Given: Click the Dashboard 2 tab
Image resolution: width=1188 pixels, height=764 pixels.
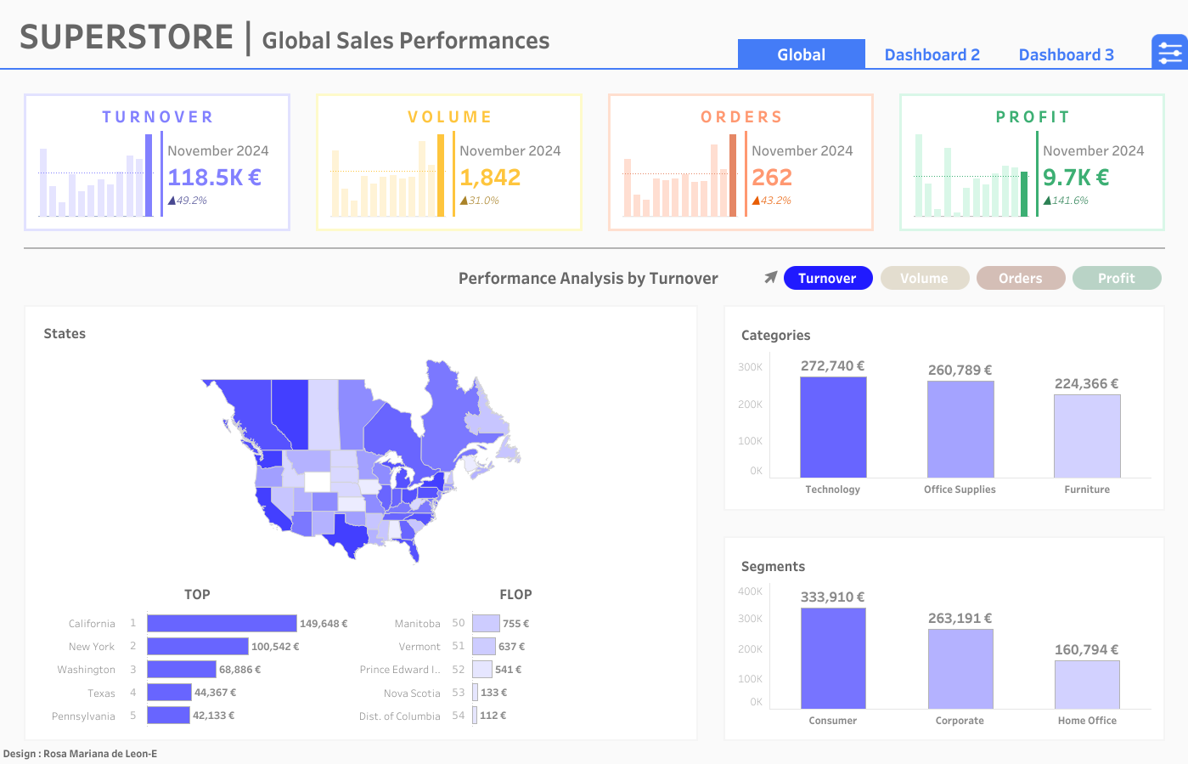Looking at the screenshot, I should (932, 54).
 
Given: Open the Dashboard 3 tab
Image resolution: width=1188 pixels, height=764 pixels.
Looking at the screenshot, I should (1066, 54).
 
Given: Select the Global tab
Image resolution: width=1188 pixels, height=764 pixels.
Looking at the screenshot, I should (801, 54).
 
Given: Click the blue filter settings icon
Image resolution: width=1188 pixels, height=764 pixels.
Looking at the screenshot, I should (1169, 53).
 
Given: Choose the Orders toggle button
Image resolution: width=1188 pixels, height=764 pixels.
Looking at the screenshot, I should (1020, 278).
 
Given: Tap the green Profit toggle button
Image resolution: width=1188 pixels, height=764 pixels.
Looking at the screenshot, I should (1116, 278).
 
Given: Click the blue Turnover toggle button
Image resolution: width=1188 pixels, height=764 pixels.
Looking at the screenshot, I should (827, 278).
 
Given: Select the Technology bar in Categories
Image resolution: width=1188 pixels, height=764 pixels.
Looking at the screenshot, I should (833, 427).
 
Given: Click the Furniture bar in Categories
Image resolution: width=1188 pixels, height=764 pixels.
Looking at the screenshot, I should (1087, 436).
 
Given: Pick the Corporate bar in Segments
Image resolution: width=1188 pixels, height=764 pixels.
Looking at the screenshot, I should (960, 669).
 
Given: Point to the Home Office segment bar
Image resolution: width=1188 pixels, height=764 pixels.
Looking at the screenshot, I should (1087, 684).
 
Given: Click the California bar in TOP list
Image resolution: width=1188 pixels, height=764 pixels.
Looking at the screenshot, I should (222, 624).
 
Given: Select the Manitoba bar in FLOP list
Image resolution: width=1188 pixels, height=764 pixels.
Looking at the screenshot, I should (486, 624).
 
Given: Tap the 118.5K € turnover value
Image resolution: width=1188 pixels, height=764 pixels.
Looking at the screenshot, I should (214, 178).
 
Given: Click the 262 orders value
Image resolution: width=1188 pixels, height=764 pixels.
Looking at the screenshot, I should (772, 178).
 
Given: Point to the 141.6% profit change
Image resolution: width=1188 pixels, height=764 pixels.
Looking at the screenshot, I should (1069, 201).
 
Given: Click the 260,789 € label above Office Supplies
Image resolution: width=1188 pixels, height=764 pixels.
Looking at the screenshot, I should (960, 371).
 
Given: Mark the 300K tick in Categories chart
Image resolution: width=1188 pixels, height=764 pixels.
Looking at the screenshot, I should (750, 367).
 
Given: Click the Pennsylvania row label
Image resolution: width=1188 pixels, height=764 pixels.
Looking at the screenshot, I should (83, 716).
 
